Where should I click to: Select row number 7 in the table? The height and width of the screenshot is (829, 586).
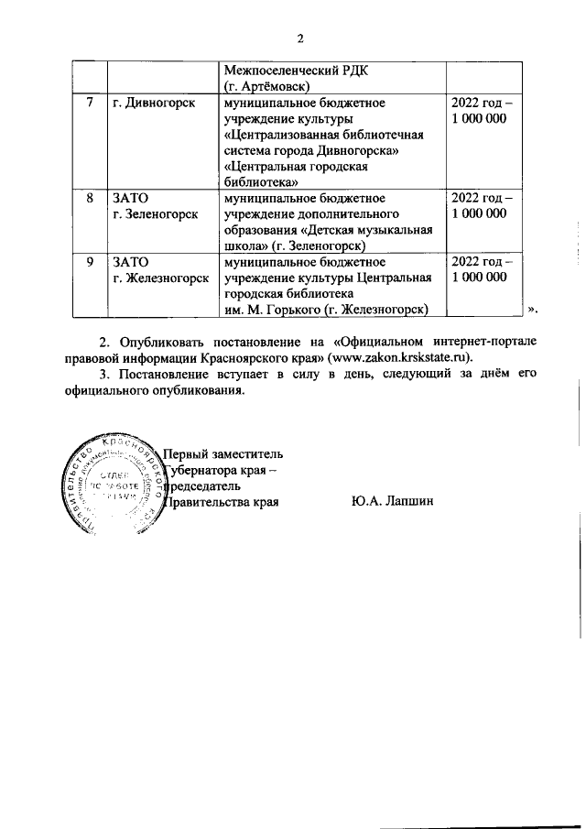tap(90, 104)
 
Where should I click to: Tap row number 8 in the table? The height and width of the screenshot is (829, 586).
tap(90, 198)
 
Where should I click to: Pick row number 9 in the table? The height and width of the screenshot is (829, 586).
tap(90, 262)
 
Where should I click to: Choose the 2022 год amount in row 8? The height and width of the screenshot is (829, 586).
tap(483, 205)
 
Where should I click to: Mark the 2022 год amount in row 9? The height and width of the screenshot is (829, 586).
tap(483, 269)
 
